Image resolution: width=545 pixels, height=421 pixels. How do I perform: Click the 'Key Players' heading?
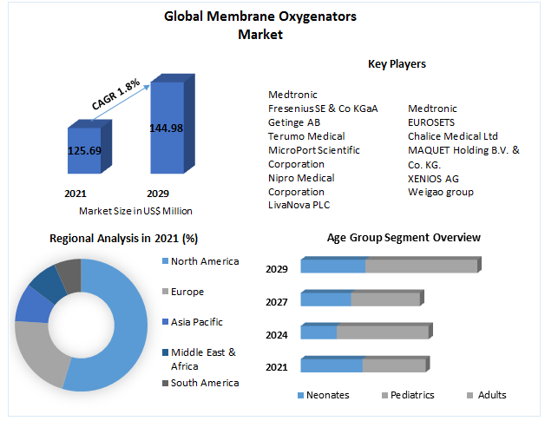tap(397, 64)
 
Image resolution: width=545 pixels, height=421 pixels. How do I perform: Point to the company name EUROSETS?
tap(431, 122)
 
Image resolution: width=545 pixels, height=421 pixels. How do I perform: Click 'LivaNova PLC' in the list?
tap(299, 205)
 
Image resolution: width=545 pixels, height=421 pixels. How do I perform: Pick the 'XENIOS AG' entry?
tap(433, 178)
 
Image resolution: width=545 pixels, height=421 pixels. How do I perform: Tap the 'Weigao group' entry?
tap(441, 192)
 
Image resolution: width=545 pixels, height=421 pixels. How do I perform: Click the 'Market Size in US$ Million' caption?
tap(135, 211)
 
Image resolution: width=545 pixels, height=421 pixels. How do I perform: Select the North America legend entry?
tap(204, 261)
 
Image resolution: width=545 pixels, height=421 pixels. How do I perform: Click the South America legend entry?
tap(204, 383)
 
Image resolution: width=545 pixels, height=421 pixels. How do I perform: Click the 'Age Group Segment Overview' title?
tap(404, 237)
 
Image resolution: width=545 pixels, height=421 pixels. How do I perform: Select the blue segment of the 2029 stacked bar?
tap(332, 266)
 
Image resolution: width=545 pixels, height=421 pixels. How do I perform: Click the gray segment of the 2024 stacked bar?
tap(382, 332)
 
